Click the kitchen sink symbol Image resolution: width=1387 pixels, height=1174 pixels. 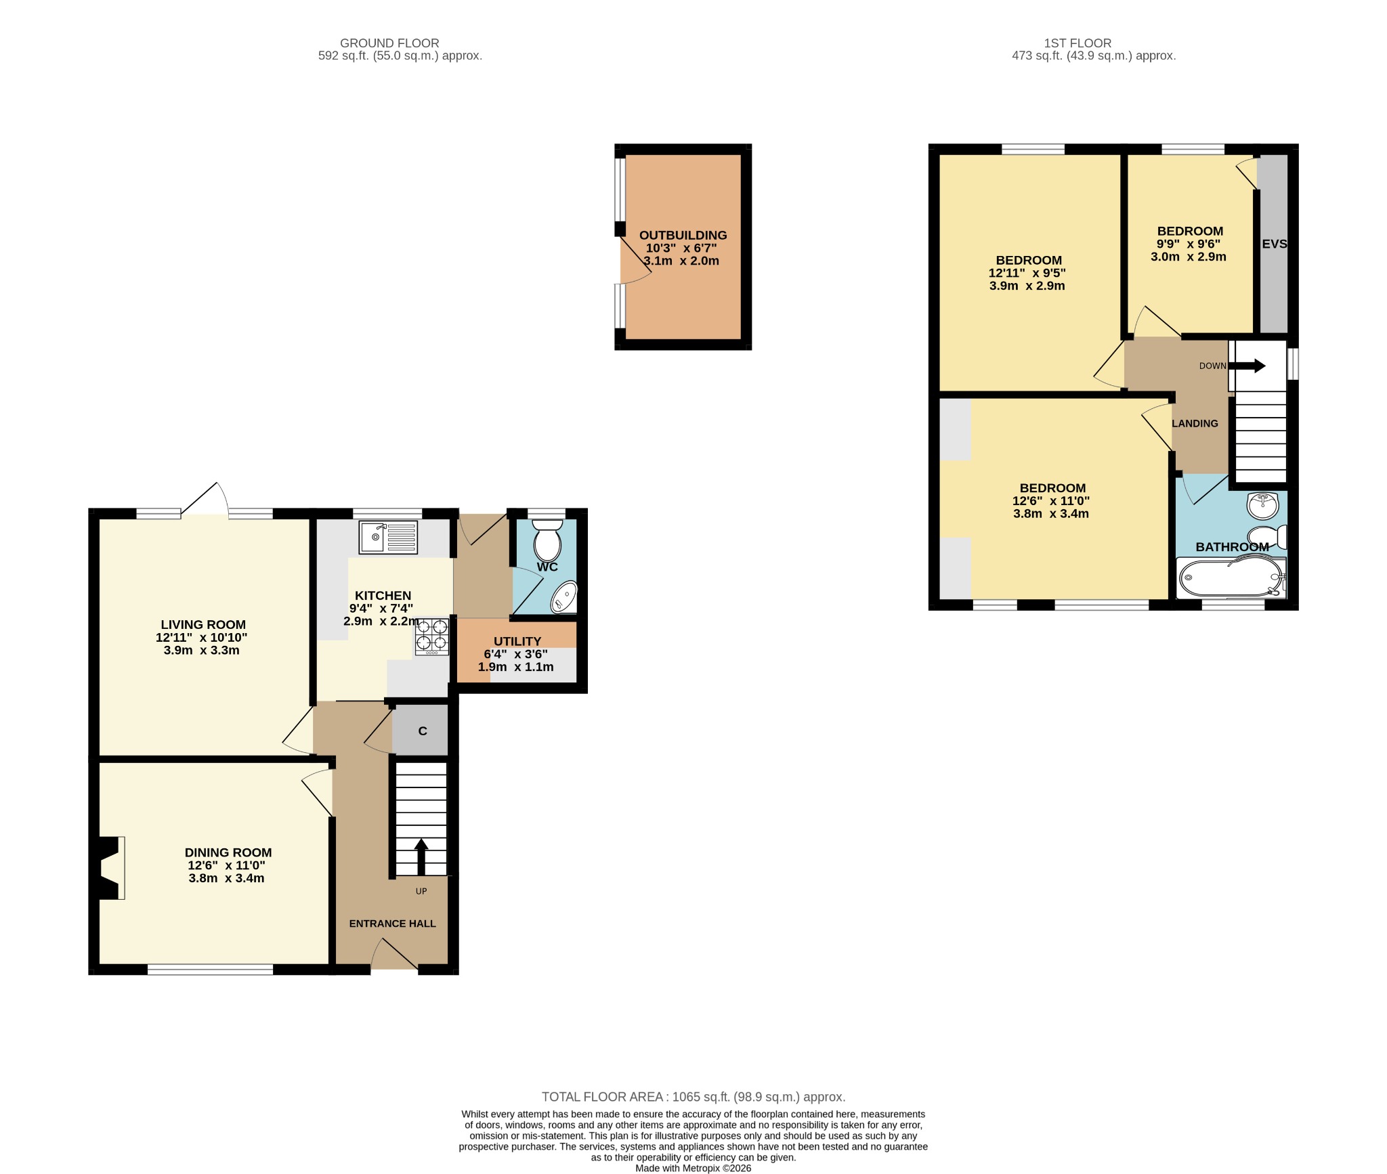(388, 538)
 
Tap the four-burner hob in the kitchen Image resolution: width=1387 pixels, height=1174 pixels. (431, 636)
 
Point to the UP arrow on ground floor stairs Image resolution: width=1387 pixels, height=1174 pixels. (421, 856)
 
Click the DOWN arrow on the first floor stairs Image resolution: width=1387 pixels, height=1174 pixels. (1247, 366)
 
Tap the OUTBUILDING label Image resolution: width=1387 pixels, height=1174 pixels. (683, 235)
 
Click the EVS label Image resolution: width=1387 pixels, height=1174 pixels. (1274, 244)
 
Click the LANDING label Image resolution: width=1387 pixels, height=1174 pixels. (1195, 423)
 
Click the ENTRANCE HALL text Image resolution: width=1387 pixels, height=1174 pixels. (392, 923)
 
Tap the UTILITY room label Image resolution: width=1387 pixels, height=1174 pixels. (517, 641)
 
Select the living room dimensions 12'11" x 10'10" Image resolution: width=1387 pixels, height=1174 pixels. (201, 637)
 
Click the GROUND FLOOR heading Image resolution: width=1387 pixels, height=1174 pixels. (389, 43)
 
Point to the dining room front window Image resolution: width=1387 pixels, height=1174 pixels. (210, 970)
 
